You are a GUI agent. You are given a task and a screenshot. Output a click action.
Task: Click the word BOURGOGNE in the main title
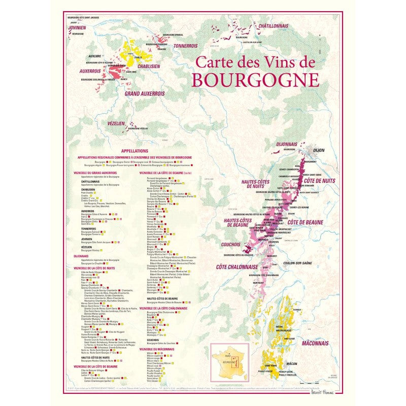pos(256,80)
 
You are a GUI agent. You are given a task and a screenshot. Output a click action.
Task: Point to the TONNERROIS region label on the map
pos(185,46)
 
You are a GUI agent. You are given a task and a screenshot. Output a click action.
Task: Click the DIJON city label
pos(319,150)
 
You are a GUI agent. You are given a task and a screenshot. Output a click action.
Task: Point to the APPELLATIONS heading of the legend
pos(135,151)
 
